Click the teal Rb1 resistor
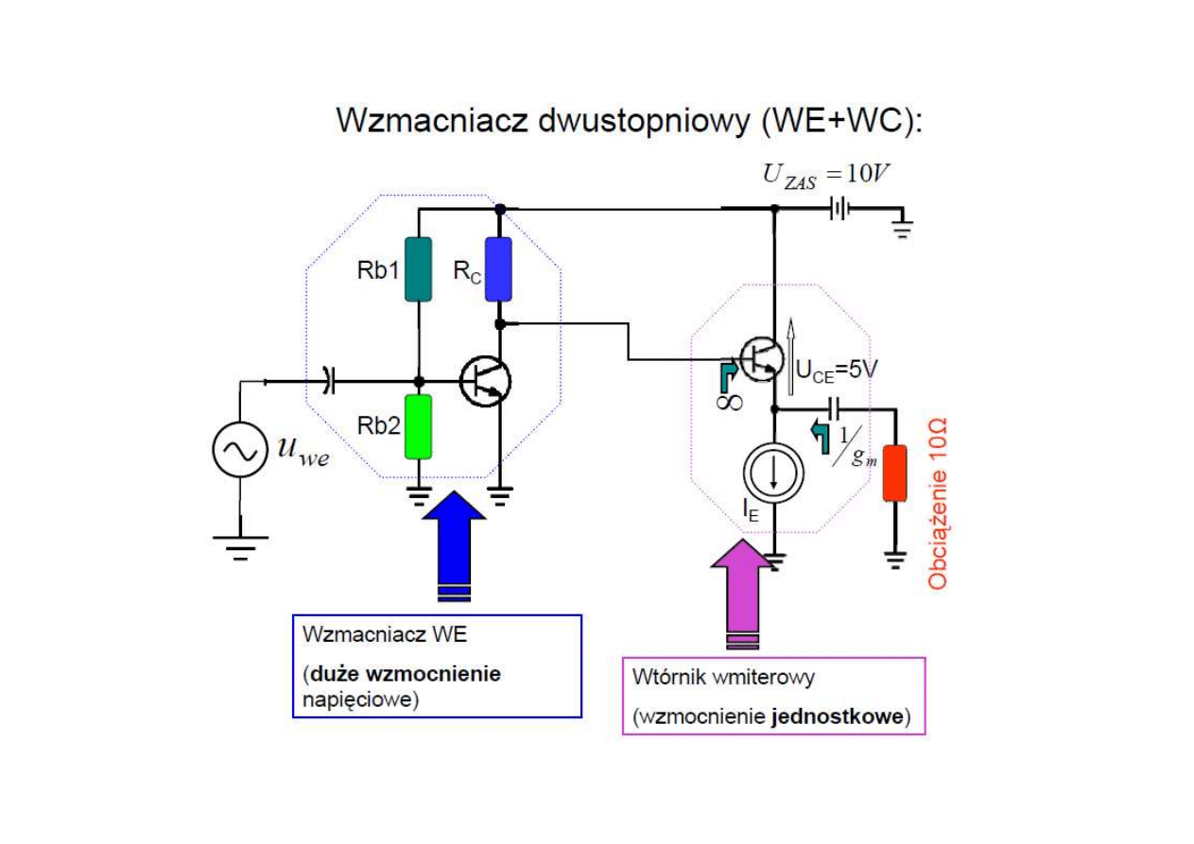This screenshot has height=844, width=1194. [x=418, y=269]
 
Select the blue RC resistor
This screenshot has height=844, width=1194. [x=498, y=269]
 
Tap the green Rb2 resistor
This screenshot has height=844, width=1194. [x=418, y=426]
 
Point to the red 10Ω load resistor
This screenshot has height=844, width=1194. [x=893, y=473]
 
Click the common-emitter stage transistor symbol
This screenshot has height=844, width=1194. [x=486, y=381]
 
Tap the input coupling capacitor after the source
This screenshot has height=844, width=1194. [x=327, y=381]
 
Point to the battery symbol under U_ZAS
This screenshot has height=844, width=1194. [x=838, y=209]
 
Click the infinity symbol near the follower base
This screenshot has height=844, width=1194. [x=729, y=402]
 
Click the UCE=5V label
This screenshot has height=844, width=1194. [x=837, y=370]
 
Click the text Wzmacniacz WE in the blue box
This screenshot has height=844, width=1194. [x=384, y=634]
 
